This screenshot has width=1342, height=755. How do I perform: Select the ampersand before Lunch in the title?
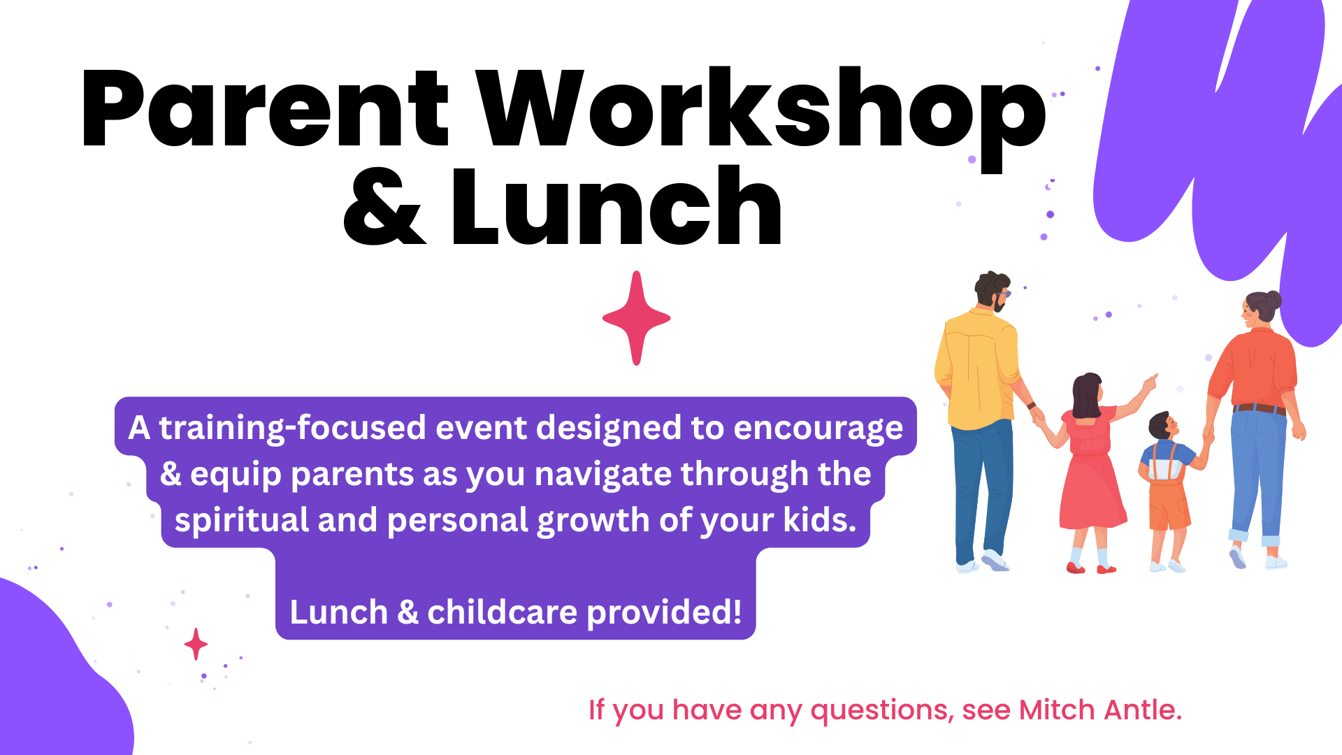(x=384, y=206)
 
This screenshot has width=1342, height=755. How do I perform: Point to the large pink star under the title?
(x=636, y=318)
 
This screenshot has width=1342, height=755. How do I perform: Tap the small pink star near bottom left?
(x=196, y=644)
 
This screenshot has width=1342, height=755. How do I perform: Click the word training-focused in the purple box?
(x=292, y=428)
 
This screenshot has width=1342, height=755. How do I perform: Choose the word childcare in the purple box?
(x=502, y=612)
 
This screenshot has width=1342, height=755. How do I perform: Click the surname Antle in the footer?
(x=1143, y=710)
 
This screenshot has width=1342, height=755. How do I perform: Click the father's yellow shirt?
(x=977, y=369)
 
